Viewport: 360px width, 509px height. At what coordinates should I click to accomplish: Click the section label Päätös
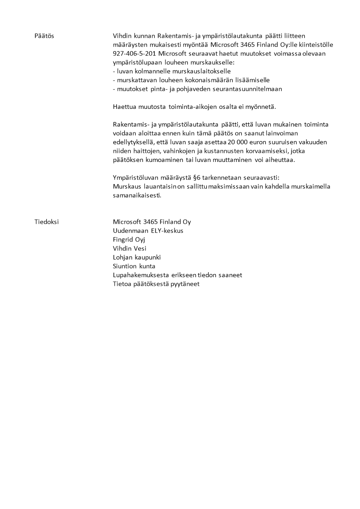(44, 36)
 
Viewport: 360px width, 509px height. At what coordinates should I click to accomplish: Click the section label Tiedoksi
(46, 222)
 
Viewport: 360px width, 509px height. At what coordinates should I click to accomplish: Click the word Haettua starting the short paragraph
(124, 107)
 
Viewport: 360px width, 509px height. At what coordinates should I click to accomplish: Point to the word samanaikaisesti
(137, 196)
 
